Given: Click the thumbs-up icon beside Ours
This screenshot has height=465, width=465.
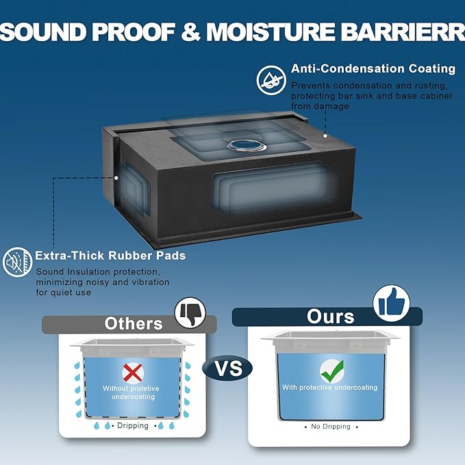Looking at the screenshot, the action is pyautogui.click(x=391, y=303).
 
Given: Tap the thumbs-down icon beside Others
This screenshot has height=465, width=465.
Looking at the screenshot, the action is pyautogui.click(x=190, y=312).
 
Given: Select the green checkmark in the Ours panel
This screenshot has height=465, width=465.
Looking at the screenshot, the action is pyautogui.click(x=332, y=371).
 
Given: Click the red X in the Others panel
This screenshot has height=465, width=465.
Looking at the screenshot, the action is pyautogui.click(x=133, y=373).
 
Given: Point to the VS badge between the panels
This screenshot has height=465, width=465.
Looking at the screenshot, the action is pyautogui.click(x=227, y=368).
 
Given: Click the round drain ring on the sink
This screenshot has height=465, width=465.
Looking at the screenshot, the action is pyautogui.click(x=247, y=146).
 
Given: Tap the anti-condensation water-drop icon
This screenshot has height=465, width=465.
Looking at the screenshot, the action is pyautogui.click(x=271, y=80).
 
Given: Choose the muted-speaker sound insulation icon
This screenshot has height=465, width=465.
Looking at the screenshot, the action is pyautogui.click(x=18, y=262).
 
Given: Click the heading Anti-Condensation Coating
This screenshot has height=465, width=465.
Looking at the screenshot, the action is pyautogui.click(x=373, y=68).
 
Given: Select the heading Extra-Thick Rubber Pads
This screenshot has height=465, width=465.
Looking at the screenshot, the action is pyautogui.click(x=110, y=255).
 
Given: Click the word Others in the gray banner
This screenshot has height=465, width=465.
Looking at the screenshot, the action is pyautogui.click(x=134, y=323).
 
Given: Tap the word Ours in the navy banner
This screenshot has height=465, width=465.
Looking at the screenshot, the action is pyautogui.click(x=330, y=316).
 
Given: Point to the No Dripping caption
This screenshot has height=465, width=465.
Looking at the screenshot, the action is pyautogui.click(x=331, y=427).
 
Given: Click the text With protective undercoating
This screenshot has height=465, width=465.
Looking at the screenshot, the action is pyautogui.click(x=330, y=388).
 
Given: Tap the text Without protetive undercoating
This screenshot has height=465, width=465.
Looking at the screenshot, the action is pyautogui.click(x=131, y=392).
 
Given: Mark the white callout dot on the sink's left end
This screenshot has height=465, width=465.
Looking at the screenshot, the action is pyautogui.click(x=116, y=178).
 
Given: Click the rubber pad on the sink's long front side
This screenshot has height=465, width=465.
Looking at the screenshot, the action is pyautogui.click(x=271, y=188).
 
